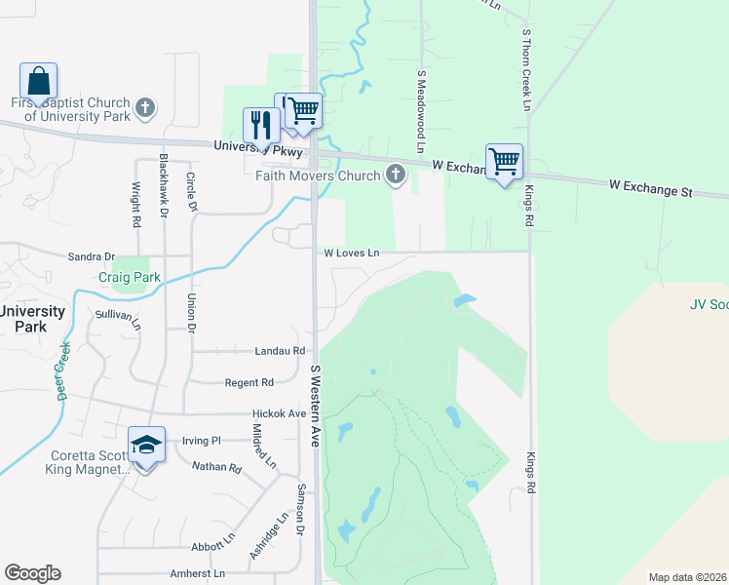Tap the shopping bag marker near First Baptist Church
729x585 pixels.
click(x=38, y=82)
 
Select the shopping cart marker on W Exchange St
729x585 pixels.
click(x=504, y=162)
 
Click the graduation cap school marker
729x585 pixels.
click(x=146, y=447)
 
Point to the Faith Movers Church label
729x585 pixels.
click(x=317, y=176)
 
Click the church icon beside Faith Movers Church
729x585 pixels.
click(x=395, y=176)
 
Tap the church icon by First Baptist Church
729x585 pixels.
click(x=145, y=107)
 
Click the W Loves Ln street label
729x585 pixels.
click(x=351, y=253)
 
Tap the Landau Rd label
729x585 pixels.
click(x=280, y=351)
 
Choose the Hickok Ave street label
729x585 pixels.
click(x=279, y=414)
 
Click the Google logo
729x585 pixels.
click(x=33, y=572)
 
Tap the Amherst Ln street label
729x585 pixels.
click(x=198, y=573)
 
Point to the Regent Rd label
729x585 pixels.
click(x=249, y=383)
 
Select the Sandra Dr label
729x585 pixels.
click(x=91, y=256)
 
